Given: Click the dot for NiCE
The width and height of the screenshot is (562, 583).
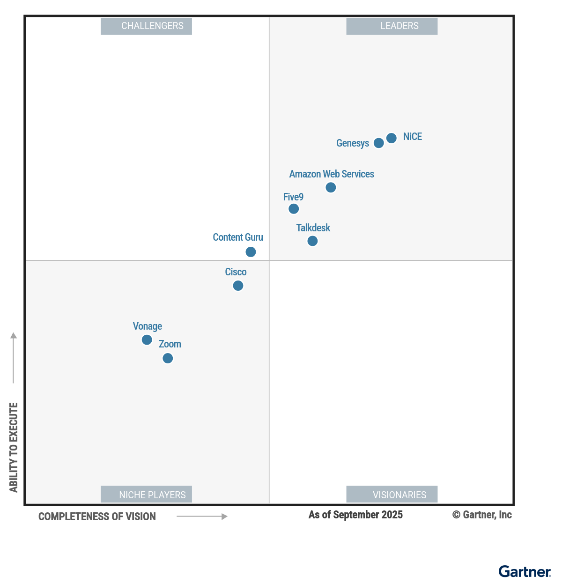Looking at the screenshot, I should pyautogui.click(x=392, y=138).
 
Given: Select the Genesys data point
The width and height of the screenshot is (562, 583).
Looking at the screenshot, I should pyautogui.click(x=379, y=143).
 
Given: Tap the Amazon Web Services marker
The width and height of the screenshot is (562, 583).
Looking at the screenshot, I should pyautogui.click(x=331, y=187).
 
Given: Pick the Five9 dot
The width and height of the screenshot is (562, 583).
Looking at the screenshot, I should pyautogui.click(x=294, y=209).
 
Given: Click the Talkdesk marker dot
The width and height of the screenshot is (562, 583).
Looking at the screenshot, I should pyautogui.click(x=312, y=241).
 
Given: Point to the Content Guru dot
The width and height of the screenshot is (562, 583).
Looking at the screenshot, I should pyautogui.click(x=251, y=252).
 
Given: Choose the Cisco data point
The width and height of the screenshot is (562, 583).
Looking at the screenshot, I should pyautogui.click(x=238, y=286).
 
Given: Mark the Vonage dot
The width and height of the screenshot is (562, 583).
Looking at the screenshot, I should pyautogui.click(x=147, y=339).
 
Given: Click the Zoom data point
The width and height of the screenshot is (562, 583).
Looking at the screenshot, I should pyautogui.click(x=168, y=358).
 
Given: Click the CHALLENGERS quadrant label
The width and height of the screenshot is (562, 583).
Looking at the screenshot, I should pyautogui.click(x=146, y=26).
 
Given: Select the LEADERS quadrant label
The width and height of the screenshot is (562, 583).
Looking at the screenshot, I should pyautogui.click(x=392, y=26).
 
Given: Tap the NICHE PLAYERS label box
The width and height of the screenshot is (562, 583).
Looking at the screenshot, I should pyautogui.click(x=146, y=494).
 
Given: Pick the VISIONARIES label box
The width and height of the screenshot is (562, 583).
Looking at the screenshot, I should pyautogui.click(x=392, y=494).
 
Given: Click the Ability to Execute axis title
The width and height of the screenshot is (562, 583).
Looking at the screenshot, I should pyautogui.click(x=14, y=447).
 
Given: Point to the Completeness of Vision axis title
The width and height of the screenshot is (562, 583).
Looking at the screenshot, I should pyautogui.click(x=97, y=517).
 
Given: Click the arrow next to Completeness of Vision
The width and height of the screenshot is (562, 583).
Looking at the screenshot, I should pyautogui.click(x=202, y=517).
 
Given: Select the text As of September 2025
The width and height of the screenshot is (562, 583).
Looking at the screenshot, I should pyautogui.click(x=355, y=515).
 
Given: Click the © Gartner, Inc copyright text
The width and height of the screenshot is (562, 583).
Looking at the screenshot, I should pyautogui.click(x=482, y=515).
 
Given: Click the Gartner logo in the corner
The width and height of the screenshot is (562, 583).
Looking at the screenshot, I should pyautogui.click(x=525, y=572).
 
